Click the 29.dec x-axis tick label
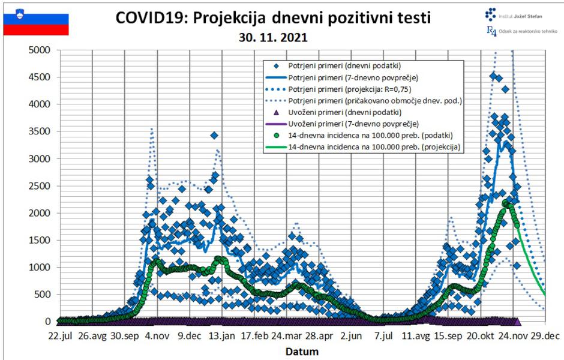point(545,335)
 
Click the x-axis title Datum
point(302,351)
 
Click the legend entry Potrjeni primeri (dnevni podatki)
point(344,66)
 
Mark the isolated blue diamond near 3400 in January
point(214,135)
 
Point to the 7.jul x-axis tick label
point(383,335)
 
